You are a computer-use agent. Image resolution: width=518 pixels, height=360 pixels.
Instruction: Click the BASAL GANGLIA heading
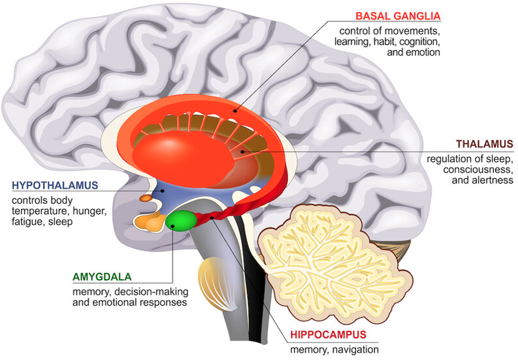tap(398, 16)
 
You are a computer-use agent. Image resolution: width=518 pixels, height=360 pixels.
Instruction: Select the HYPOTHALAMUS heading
tap(55, 184)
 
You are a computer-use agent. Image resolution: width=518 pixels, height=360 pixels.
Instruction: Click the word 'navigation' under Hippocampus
tap(356, 349)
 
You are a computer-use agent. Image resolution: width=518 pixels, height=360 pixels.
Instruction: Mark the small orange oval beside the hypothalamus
tap(145, 198)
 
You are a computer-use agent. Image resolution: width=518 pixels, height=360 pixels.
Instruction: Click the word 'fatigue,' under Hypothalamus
tap(27, 222)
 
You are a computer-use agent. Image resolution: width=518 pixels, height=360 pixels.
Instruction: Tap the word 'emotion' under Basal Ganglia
tap(423, 52)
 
